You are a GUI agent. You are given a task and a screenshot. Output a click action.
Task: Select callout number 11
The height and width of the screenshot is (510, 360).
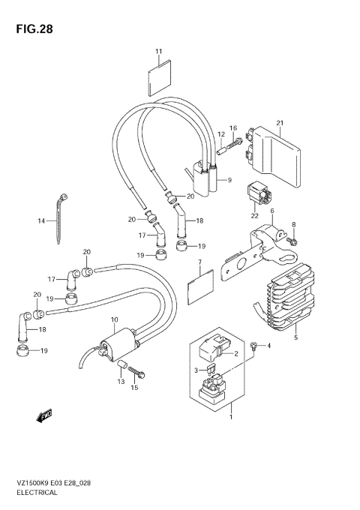click(158, 51)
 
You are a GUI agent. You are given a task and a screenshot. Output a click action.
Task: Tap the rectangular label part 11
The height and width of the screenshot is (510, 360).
click(158, 77)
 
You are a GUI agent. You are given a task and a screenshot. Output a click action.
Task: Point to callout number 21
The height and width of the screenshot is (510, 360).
click(279, 124)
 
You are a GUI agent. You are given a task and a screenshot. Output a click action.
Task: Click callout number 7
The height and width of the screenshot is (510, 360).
click(200, 263)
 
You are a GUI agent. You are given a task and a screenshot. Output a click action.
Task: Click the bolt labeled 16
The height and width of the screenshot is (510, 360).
click(235, 141)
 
